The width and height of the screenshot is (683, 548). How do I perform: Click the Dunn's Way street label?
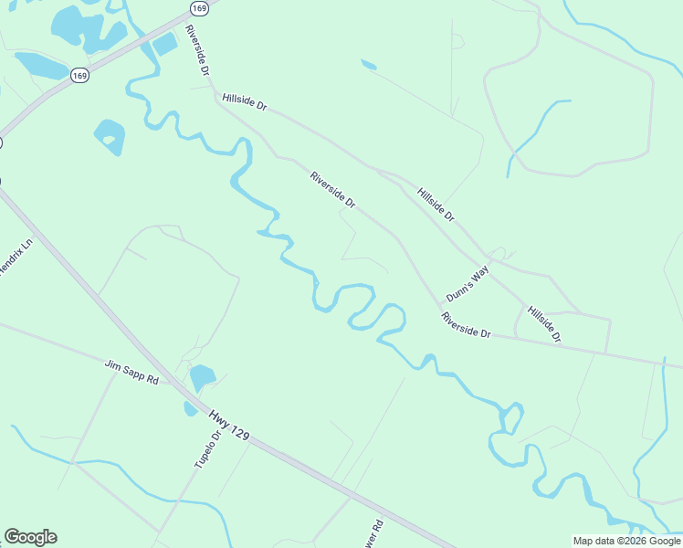point(468,284)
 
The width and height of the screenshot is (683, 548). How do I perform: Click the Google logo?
point(30,537)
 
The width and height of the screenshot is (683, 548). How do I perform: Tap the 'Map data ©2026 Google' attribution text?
point(626,541)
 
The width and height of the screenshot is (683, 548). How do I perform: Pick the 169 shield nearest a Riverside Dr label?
point(199,8)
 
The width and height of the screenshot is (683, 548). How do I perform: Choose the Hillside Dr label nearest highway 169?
point(244,101)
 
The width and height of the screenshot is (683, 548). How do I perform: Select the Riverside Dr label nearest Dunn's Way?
point(466,326)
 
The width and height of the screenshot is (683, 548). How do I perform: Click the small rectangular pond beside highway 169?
point(164,43)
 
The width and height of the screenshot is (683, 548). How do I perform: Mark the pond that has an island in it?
point(110,137)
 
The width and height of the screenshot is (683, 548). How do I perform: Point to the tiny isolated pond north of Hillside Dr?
point(368,64)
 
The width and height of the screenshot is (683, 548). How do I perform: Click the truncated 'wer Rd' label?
point(376,528)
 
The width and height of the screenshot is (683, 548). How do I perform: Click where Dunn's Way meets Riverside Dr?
point(439,304)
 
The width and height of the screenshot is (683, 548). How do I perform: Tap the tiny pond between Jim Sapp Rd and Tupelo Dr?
point(190,408)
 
